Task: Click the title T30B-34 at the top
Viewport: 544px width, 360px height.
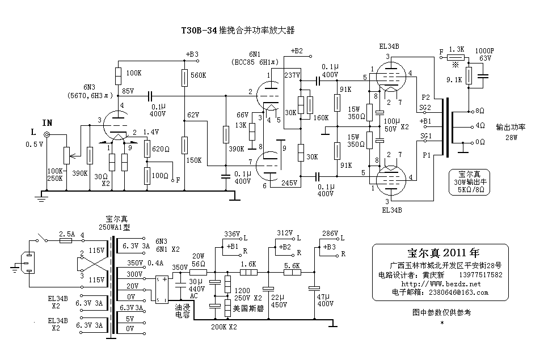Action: (x=199, y=30)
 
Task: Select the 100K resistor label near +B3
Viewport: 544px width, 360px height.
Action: (x=134, y=73)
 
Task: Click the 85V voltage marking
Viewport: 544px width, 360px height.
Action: (x=128, y=91)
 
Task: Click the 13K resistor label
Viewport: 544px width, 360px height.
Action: (x=241, y=125)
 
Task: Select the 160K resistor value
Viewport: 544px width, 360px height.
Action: (x=321, y=117)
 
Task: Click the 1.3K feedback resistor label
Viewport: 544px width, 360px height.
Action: (x=456, y=50)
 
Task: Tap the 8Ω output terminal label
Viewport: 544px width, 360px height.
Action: (x=479, y=110)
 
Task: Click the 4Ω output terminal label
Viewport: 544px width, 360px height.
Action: (x=479, y=125)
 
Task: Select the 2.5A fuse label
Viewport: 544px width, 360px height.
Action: (x=66, y=233)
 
